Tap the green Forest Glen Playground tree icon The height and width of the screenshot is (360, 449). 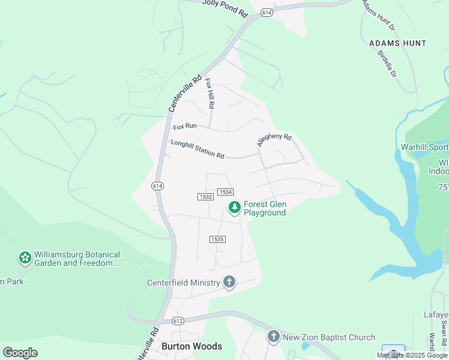pyautogui.click(x=234, y=208)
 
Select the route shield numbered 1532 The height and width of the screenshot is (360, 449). pyautogui.click(x=205, y=197)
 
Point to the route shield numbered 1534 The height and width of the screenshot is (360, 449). pyautogui.click(x=225, y=191)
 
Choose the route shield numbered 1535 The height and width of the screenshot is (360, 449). pyautogui.click(x=217, y=239)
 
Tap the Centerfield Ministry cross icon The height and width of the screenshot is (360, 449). pyautogui.click(x=229, y=282)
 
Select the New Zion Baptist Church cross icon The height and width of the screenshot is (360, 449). pyautogui.click(x=274, y=337)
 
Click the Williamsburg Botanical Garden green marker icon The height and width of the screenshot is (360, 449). pyautogui.click(x=25, y=258)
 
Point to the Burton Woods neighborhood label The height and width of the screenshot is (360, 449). pyautogui.click(x=191, y=346)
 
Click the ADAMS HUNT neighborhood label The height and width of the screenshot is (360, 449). pyautogui.click(x=397, y=43)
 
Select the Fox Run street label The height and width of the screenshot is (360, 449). pyautogui.click(x=185, y=127)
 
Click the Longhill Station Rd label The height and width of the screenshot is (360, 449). pyautogui.click(x=197, y=149)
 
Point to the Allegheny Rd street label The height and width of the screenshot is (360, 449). pyautogui.click(x=274, y=140)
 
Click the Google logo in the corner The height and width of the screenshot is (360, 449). pyautogui.click(x=20, y=353)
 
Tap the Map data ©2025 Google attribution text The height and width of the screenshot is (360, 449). pyautogui.click(x=412, y=355)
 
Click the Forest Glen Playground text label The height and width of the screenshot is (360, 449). pyautogui.click(x=265, y=208)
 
